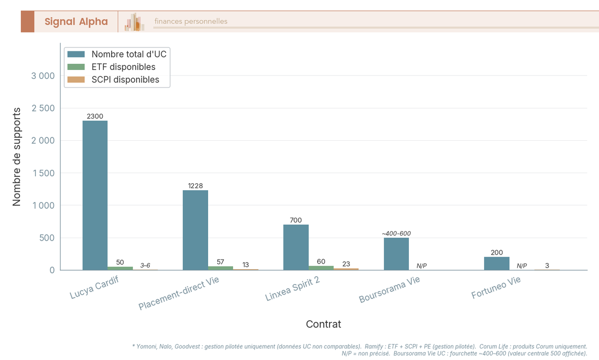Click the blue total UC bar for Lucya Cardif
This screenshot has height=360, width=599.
coord(95,195)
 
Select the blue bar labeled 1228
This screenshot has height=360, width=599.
coord(195,230)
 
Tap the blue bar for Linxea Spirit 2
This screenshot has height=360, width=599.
coord(296,247)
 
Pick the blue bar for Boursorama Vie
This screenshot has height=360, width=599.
coord(396,254)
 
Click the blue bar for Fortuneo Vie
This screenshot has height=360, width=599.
coord(497,264)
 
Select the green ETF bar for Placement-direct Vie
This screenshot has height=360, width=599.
coord(221,268)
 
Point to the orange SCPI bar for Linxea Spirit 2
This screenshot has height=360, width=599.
coord(346,269)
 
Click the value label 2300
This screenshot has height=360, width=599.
coord(95,116)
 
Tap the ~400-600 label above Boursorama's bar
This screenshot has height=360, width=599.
coord(396,234)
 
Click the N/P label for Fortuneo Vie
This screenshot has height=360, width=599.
coord(522,266)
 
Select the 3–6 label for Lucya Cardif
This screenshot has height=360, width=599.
coord(145,266)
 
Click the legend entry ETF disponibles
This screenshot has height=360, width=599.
coord(123,67)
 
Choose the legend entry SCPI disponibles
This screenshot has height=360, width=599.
coord(125,80)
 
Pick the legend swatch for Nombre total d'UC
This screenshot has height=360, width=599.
coord(76,54)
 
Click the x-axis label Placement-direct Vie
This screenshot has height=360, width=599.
coord(179,294)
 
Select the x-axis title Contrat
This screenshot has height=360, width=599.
coord(323,324)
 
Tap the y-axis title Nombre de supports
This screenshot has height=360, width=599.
coord(16,156)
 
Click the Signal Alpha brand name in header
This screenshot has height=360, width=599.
coord(76,21)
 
